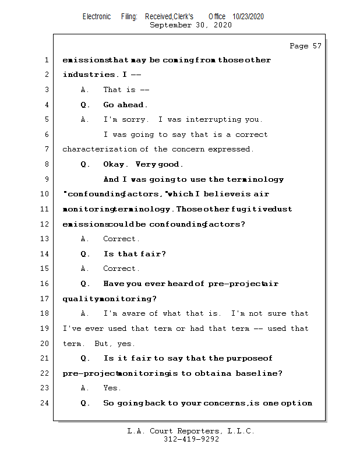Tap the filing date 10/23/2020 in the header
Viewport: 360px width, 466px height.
pos(248,17)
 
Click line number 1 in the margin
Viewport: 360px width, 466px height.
pos(47,60)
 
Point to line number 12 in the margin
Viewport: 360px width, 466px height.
pos(45,224)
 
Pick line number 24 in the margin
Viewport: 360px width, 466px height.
pos(45,403)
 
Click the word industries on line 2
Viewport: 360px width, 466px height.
pos(89,75)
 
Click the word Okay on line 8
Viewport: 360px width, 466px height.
pos(115,164)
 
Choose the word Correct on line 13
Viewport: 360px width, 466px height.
pos(121,239)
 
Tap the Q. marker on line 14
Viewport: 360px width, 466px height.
pos(85,254)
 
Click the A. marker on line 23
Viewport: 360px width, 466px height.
pos(85,388)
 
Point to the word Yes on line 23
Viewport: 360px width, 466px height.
pos(112,388)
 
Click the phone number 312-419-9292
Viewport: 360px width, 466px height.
pos(191,440)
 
